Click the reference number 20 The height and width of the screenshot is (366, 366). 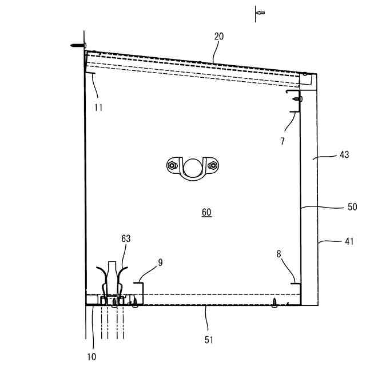(x=219, y=36)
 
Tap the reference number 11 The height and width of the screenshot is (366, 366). (x=98, y=107)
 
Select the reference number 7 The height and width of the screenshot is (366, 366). (x=283, y=141)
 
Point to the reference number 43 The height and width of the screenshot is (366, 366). (x=344, y=155)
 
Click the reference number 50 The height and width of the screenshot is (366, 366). (x=352, y=206)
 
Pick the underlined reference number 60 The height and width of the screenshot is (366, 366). (x=206, y=212)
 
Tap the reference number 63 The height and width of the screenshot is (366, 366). (x=126, y=238)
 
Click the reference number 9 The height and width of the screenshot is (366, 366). (x=161, y=262)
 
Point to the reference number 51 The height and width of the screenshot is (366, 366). (x=209, y=340)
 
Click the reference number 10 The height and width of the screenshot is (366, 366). (x=91, y=357)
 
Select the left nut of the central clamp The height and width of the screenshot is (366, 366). (x=172, y=166)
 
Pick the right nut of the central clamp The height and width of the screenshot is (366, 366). (x=213, y=166)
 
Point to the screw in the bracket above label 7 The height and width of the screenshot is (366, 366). (x=297, y=99)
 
